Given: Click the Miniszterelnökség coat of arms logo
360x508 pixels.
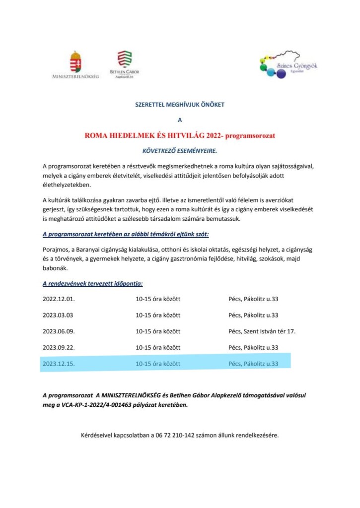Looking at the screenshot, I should click(75, 62).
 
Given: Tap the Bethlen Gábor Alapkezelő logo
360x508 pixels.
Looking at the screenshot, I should click(125, 62).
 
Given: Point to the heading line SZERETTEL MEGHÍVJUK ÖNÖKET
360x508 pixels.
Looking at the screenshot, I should click(180, 105).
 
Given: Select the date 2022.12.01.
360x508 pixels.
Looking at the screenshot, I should click(59, 300).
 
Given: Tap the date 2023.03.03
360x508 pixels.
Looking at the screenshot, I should click(58, 316).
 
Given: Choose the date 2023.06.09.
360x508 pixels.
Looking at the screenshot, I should click(59, 331).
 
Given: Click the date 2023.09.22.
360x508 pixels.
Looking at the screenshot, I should click(59, 347).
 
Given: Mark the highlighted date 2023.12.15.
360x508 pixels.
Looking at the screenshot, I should click(59, 364).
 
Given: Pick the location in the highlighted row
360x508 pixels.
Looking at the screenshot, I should click(253, 364).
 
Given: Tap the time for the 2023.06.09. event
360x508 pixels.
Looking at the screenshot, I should click(158, 331).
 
